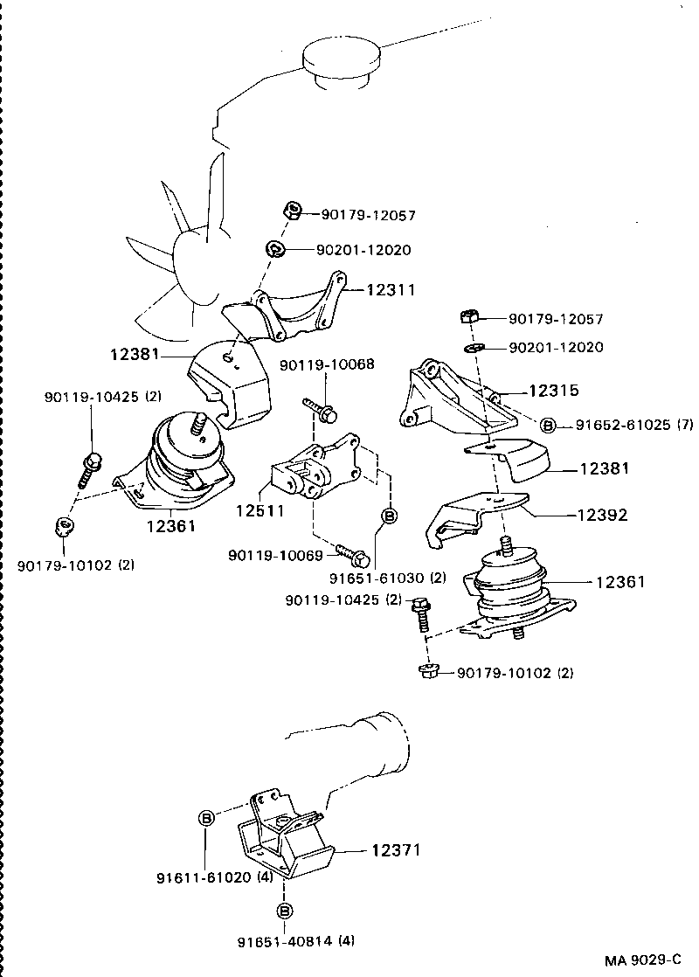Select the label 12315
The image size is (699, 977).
[553, 391]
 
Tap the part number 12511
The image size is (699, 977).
[259, 510]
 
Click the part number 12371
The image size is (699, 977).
[396, 849]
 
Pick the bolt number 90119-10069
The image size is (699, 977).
[274, 555]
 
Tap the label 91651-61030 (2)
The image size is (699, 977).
[388, 578]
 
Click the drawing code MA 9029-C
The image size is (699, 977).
[642, 960]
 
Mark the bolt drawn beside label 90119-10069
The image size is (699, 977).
[353, 554]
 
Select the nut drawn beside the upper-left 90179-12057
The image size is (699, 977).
[293, 211]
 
